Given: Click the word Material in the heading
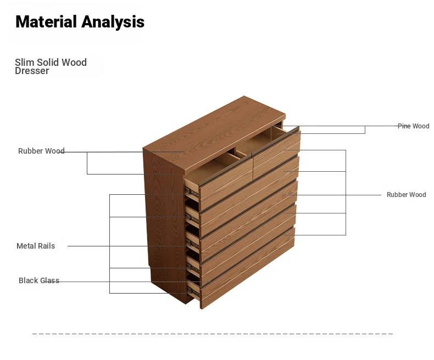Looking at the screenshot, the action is pos(46,21).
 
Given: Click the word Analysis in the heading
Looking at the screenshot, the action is pos(113,22).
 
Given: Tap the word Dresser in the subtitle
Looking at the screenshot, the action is pos(32,71).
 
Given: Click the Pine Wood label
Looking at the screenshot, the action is pos(414,126).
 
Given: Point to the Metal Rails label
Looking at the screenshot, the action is pos(36,246).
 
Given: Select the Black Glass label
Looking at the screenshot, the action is pos(39,280).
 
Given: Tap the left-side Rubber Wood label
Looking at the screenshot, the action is pos(41,151).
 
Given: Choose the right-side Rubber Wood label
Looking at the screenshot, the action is pos(407,195).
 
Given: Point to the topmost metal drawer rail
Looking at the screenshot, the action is pos(192,192).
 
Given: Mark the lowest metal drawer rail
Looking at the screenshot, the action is pos(193,291).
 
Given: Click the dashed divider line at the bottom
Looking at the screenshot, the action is pos(213,334).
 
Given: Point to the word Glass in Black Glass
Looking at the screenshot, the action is pos(50,280).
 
